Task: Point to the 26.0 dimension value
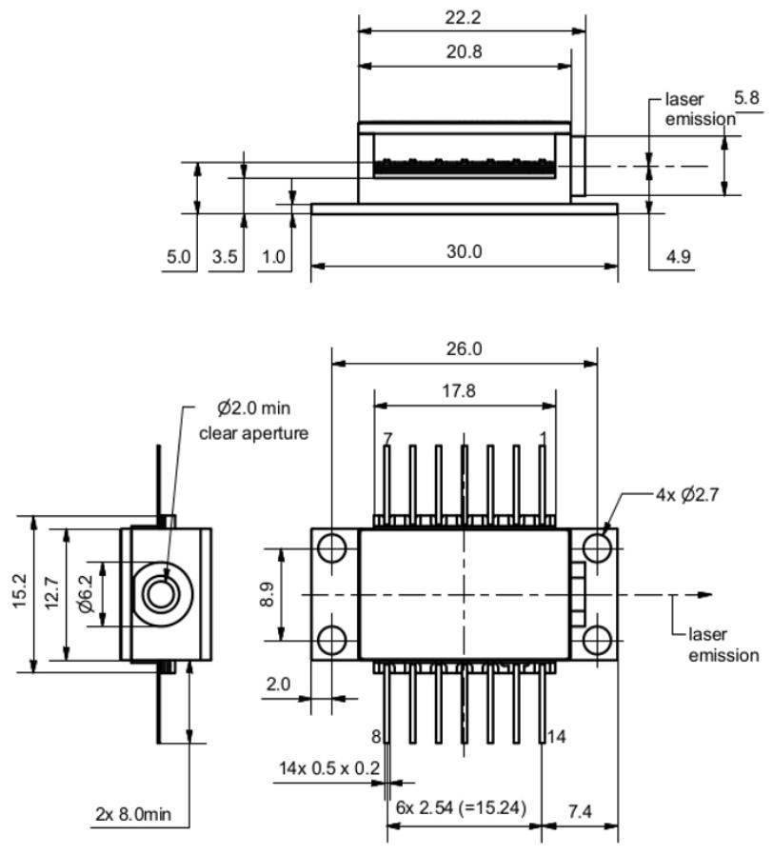pos(464,348)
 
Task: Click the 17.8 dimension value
pos(464,391)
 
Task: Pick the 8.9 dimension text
pos(268,595)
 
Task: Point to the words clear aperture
pos(254,433)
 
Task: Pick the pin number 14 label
pos(558,736)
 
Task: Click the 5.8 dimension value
pos(748,98)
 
